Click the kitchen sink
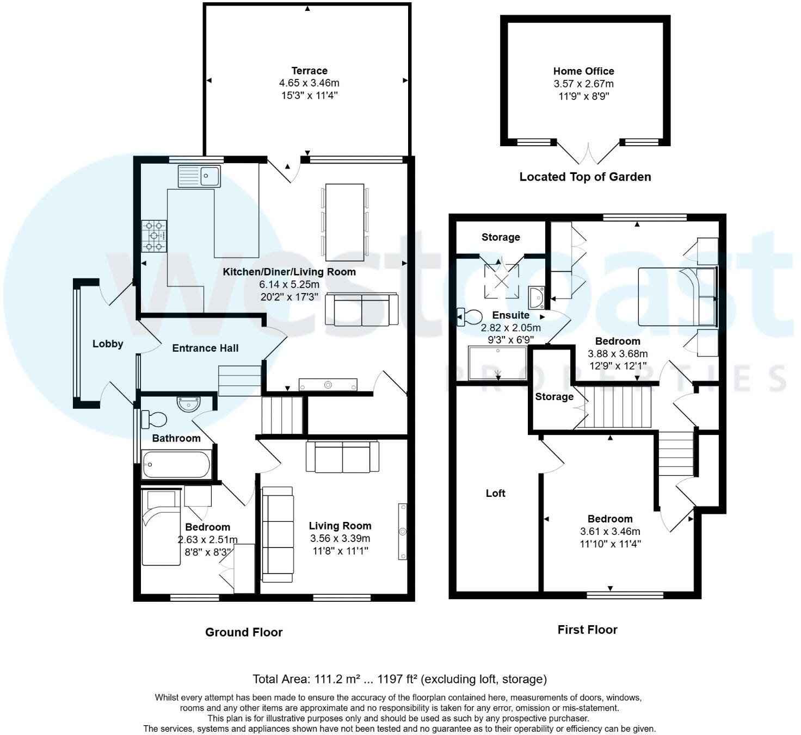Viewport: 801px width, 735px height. pyautogui.click(x=199, y=176)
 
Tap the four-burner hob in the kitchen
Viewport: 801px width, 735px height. pyautogui.click(x=154, y=236)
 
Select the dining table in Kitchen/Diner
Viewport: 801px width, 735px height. pyautogui.click(x=344, y=222)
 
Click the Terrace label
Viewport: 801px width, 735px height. pyautogui.click(x=309, y=71)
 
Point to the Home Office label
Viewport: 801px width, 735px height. pyautogui.click(x=583, y=71)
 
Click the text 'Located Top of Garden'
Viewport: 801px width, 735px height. pyautogui.click(x=585, y=177)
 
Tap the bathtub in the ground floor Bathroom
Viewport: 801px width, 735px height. pyautogui.click(x=176, y=465)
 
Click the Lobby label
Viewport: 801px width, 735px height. pyautogui.click(x=108, y=344)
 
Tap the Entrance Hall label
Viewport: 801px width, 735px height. pyautogui.click(x=205, y=348)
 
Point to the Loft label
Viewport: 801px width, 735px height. pyautogui.click(x=495, y=493)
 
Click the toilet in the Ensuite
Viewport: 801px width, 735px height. pyautogui.click(x=470, y=316)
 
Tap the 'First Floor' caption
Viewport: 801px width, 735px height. pyautogui.click(x=587, y=630)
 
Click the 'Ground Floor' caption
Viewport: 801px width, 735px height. pyautogui.click(x=244, y=632)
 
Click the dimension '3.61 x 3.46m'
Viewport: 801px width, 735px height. pyautogui.click(x=609, y=531)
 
